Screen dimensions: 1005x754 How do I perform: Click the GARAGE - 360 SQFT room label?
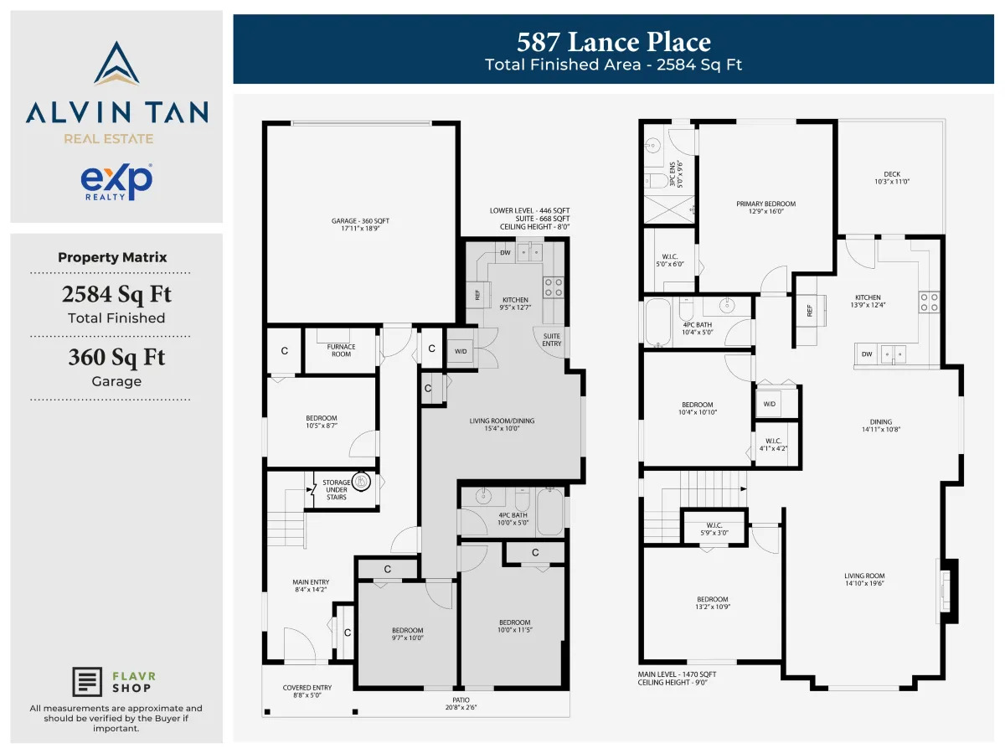[360, 225]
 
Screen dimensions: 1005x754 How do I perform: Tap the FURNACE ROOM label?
[341, 350]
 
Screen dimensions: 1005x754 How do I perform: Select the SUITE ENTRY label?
[552, 339]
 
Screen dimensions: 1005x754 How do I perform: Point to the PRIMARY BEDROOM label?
[766, 208]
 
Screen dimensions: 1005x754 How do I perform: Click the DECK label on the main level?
[892, 178]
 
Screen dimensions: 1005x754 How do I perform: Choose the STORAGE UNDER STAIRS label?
[337, 489]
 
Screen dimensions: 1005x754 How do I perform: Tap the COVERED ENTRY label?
[307, 691]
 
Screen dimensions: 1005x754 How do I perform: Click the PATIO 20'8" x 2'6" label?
[461, 704]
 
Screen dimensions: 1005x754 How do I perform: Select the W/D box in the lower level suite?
[461, 351]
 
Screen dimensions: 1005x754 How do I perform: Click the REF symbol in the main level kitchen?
[810, 310]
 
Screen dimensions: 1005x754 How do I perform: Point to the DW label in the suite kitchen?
[505, 253]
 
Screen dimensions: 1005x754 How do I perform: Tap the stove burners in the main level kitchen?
[929, 302]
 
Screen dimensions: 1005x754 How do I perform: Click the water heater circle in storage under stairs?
[361, 481]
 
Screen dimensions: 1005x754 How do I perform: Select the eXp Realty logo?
[116, 182]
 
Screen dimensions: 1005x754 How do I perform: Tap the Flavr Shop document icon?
[87, 682]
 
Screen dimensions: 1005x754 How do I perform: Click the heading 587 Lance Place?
[614, 42]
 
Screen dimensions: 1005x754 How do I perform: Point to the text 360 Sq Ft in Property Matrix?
[116, 358]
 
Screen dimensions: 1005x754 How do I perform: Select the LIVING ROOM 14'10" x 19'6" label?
[864, 580]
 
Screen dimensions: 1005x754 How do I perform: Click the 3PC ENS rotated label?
[676, 174]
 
